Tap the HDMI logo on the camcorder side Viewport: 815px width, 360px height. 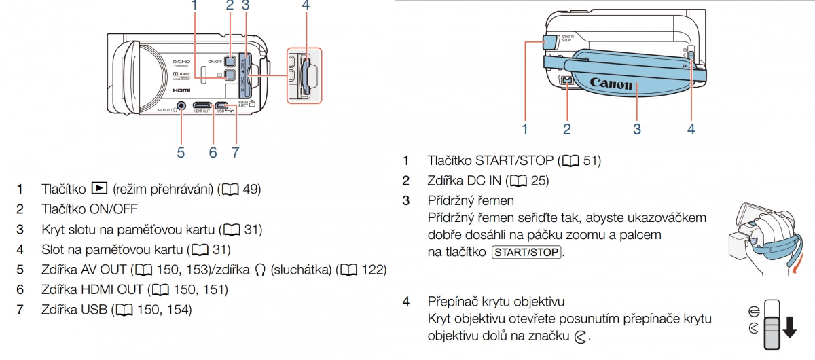pos(181,90)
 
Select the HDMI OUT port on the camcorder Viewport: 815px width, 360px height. pos(202,106)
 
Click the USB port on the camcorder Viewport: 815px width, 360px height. pos(222,106)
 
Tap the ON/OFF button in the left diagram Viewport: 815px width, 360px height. pos(231,61)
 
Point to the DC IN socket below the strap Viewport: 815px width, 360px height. pos(568,80)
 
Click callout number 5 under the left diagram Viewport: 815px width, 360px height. pos(181,153)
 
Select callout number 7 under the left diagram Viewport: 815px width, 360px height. pos(235,153)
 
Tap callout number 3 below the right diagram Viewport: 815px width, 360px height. pos(637,128)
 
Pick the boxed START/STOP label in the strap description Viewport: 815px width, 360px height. pos(526,252)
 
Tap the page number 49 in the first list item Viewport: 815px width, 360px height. pos(251,189)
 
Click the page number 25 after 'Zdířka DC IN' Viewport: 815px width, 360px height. pos(539,181)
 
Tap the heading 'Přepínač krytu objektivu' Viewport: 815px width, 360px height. pos(496,301)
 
